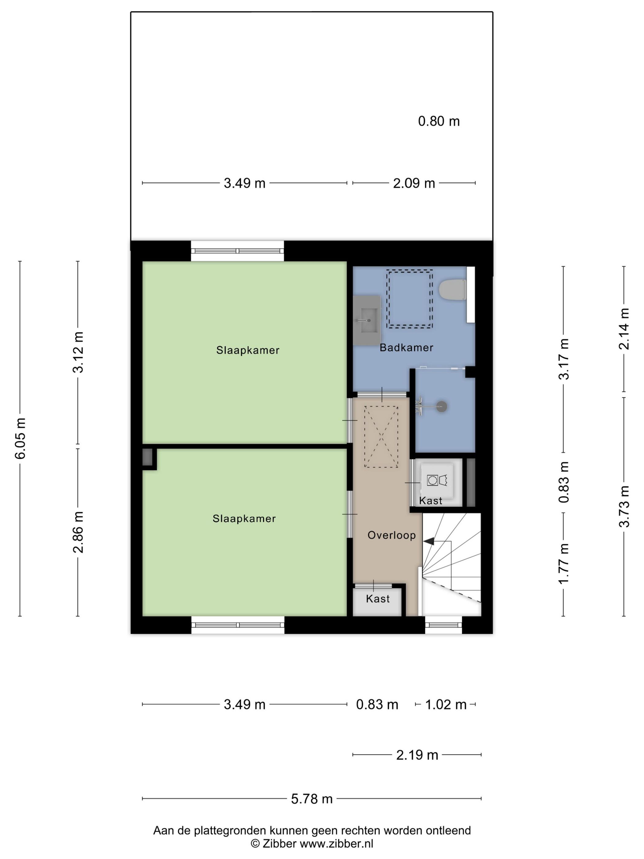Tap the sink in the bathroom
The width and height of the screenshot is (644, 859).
[x=366, y=320]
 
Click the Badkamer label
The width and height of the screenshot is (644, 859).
[x=406, y=348]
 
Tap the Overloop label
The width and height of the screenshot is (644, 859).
[x=391, y=535]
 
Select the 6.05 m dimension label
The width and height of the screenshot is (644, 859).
[x=20, y=438]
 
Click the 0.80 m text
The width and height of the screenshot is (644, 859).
[x=439, y=121]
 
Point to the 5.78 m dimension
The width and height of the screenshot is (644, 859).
[x=312, y=799]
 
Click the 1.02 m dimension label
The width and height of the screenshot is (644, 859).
[x=446, y=704]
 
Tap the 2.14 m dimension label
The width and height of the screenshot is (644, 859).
[x=624, y=329]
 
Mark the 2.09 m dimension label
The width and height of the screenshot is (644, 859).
[x=414, y=183]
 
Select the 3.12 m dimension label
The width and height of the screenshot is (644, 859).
[x=78, y=352]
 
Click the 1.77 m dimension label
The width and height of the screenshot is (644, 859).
[x=563, y=563]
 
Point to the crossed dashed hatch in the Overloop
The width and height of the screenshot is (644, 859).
[x=381, y=437]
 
